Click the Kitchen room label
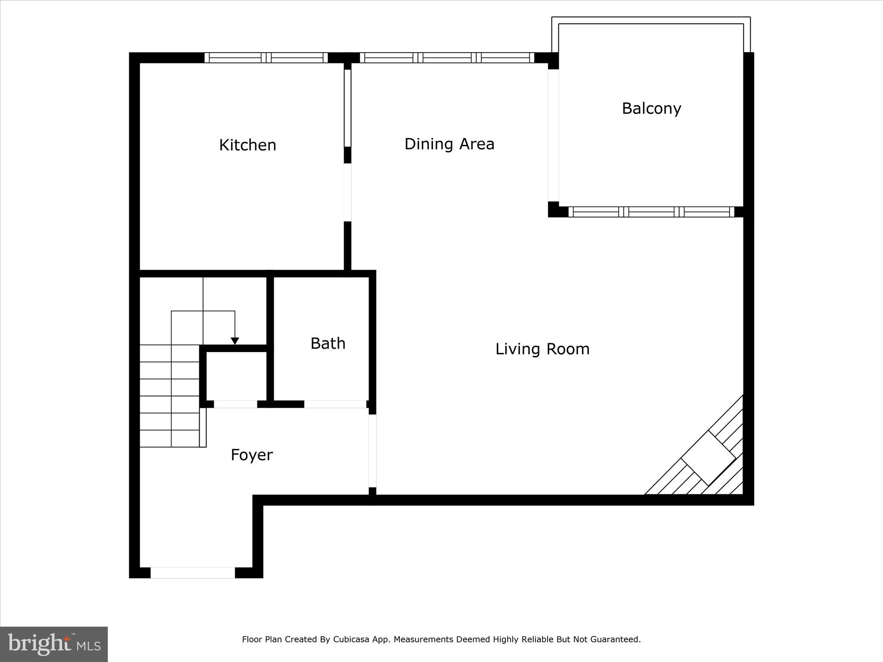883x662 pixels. point(247,145)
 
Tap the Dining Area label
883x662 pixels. point(449,144)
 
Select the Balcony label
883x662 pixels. point(651,108)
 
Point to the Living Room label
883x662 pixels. point(542,349)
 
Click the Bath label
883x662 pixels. point(328,343)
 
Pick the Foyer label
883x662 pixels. point(252,455)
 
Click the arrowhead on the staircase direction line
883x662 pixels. point(235,341)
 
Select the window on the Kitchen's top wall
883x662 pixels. point(266,58)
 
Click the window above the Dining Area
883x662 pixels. point(447,58)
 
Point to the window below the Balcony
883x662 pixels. point(651,212)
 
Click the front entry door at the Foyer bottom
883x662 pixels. point(193,573)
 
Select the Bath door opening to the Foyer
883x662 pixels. point(335,404)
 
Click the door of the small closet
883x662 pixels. point(235,404)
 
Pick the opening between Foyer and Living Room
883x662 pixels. point(372,451)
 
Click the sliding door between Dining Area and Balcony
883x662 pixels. point(553,135)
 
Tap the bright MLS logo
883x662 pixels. point(54,644)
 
